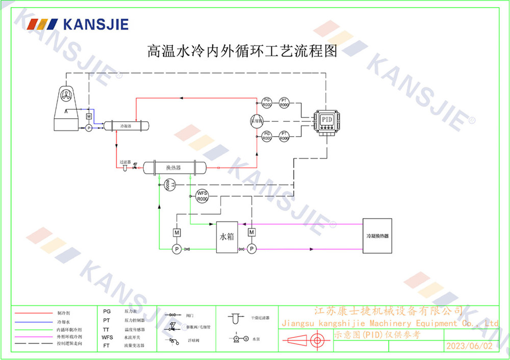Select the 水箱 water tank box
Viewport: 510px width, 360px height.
tap(227, 237)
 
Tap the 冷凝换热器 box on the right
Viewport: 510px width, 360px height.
tap(377, 236)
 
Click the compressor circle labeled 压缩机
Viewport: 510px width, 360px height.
tap(257, 121)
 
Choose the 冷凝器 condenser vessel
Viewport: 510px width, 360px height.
tap(125, 125)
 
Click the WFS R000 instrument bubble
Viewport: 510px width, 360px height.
tap(202, 196)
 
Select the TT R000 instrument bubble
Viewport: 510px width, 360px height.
tap(170, 185)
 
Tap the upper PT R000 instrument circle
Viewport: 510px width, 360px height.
tap(284, 102)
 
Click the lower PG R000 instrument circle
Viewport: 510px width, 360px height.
tap(266, 136)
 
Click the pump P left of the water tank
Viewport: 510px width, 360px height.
tap(176, 249)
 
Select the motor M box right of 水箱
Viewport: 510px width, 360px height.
tap(251, 233)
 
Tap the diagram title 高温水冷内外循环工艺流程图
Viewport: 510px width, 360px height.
tap(242, 51)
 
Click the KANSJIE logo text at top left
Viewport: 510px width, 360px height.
tap(95, 24)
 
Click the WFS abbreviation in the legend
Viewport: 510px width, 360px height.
tap(107, 337)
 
